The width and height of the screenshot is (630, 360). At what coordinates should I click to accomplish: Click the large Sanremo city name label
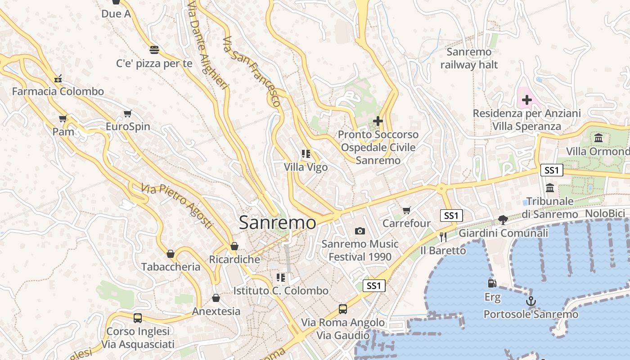pyautogui.click(x=278, y=223)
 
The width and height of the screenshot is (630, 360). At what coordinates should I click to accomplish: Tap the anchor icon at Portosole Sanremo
pyautogui.click(x=531, y=301)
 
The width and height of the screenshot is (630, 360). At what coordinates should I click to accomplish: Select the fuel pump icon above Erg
pyautogui.click(x=492, y=283)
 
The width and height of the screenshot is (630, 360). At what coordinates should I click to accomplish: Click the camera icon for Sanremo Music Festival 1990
pyautogui.click(x=360, y=231)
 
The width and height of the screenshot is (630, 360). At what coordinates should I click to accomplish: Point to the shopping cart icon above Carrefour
pyautogui.click(x=407, y=210)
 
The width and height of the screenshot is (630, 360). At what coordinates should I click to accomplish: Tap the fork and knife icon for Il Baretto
pyautogui.click(x=443, y=237)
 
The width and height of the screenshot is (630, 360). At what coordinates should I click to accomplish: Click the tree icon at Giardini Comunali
pyautogui.click(x=503, y=220)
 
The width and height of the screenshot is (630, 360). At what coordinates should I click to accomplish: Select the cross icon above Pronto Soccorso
pyautogui.click(x=378, y=121)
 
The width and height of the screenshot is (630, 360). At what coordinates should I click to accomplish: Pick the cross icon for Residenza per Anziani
pyautogui.click(x=526, y=100)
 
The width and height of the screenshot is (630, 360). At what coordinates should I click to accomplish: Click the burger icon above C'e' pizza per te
pyautogui.click(x=154, y=50)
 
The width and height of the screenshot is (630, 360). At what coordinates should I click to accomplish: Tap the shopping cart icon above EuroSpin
pyautogui.click(x=128, y=113)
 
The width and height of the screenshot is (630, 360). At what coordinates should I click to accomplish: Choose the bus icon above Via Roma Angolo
pyautogui.click(x=343, y=309)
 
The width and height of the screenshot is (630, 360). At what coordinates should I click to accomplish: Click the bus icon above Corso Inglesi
pyautogui.click(x=138, y=318)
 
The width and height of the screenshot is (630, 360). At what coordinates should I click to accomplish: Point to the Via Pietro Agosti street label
pyautogui.click(x=176, y=205)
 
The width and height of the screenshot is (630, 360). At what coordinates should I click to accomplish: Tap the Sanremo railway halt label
pyautogui.click(x=469, y=58)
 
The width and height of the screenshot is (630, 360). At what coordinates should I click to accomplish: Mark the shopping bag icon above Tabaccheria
pyautogui.click(x=171, y=254)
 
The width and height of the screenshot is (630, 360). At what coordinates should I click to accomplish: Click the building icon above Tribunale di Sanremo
pyautogui.click(x=550, y=188)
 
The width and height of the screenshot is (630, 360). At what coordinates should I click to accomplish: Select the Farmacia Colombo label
pyautogui.click(x=58, y=92)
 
